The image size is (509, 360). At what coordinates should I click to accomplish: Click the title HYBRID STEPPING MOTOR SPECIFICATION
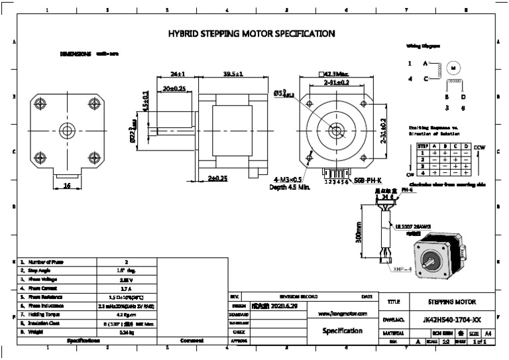pyautogui.click(x=251, y=33)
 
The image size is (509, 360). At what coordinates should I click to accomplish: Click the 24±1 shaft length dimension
pyautogui.click(x=177, y=74)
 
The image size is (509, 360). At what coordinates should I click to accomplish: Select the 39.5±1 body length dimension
pyautogui.click(x=233, y=74)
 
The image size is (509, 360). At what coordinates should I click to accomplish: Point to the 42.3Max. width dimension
pyautogui.click(x=337, y=74)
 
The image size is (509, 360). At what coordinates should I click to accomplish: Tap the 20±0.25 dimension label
pyautogui.click(x=174, y=88)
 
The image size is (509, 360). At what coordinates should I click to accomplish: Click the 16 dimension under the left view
pyautogui.click(x=66, y=186)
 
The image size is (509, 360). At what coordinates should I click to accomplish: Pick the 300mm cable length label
pyautogui.click(x=359, y=232)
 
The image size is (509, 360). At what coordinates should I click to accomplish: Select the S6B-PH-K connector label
pyautogui.click(x=367, y=180)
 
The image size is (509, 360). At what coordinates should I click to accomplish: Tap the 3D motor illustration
pyautogui.click(x=439, y=257)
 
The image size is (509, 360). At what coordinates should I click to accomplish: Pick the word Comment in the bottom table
pyautogui.click(x=191, y=340)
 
